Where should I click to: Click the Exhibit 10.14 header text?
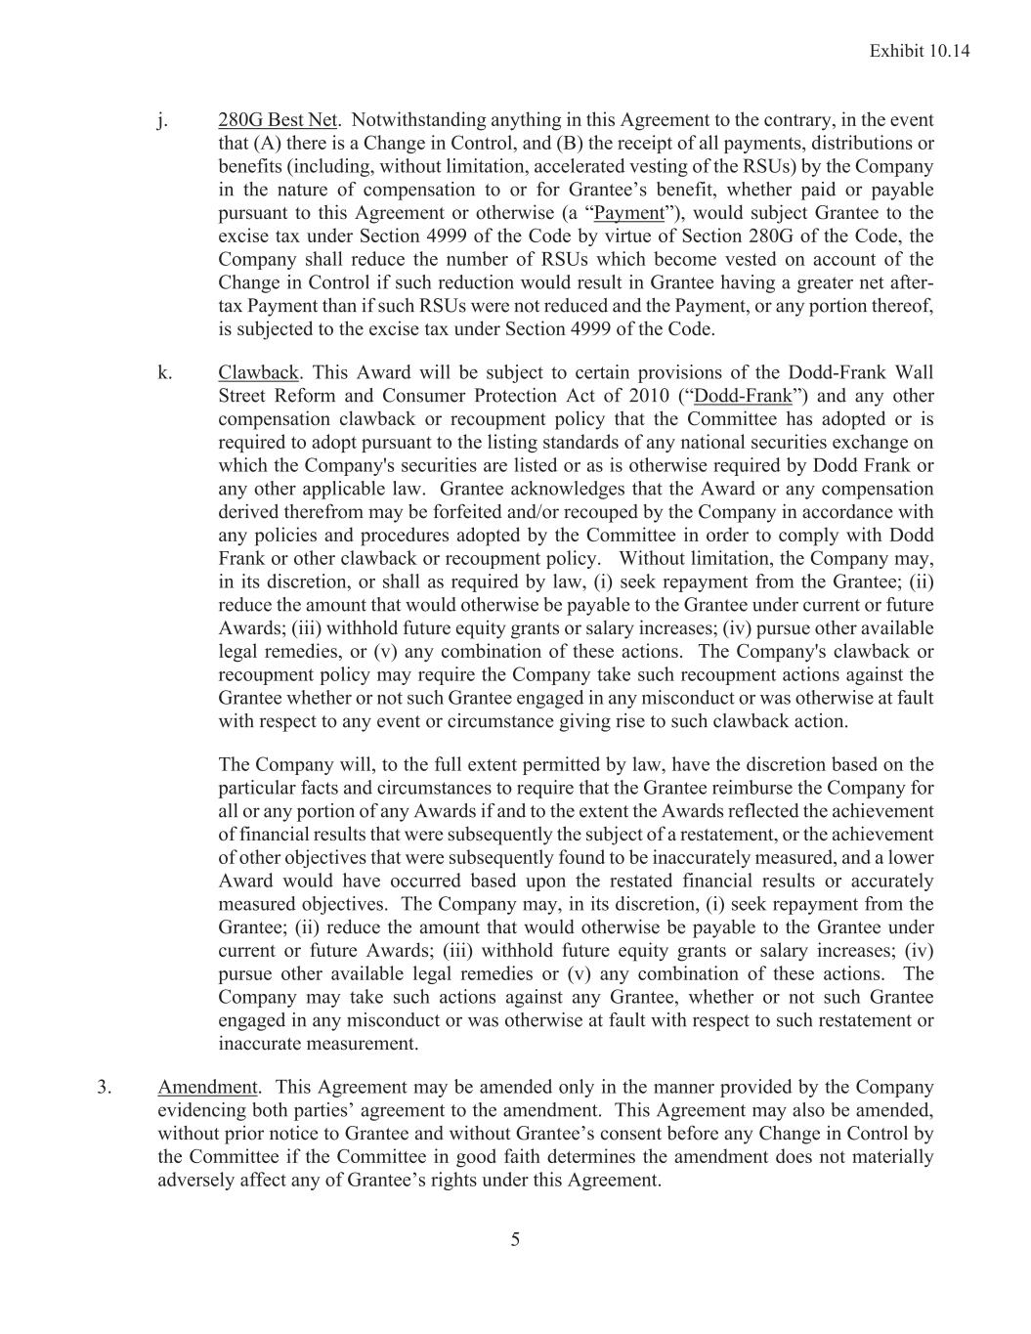(x=919, y=51)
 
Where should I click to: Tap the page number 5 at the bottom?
(x=515, y=1240)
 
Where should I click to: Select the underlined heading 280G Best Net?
(x=278, y=120)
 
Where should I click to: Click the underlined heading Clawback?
(x=258, y=372)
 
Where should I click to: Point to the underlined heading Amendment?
(x=207, y=1087)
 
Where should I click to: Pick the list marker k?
(x=163, y=372)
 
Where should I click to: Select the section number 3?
(x=104, y=1087)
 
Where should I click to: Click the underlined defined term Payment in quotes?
(x=628, y=213)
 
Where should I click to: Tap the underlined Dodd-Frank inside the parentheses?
(x=742, y=396)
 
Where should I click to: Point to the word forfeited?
(x=461, y=512)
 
